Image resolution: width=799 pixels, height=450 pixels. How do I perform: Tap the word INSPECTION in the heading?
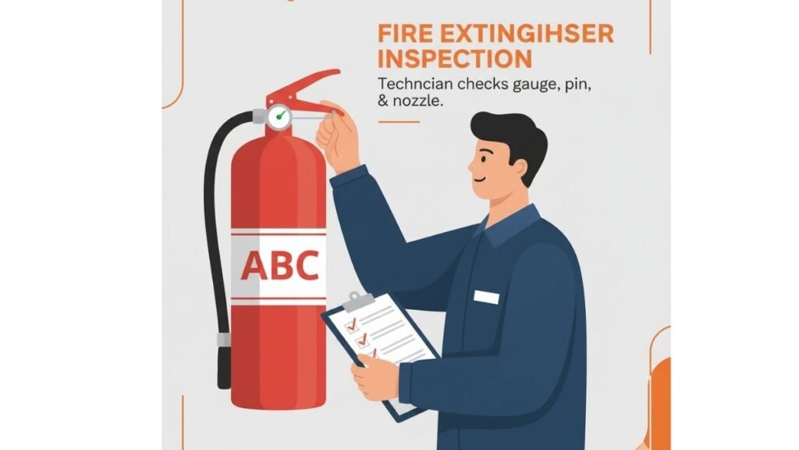point(455,59)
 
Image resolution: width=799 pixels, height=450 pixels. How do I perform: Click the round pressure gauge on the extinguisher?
point(279,117)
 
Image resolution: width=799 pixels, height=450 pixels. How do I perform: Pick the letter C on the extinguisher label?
point(306,266)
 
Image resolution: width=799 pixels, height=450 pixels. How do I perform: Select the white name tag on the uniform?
point(486,297)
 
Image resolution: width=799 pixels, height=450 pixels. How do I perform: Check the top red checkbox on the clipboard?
point(350,323)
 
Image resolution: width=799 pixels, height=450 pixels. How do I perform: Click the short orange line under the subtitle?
point(398,121)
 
